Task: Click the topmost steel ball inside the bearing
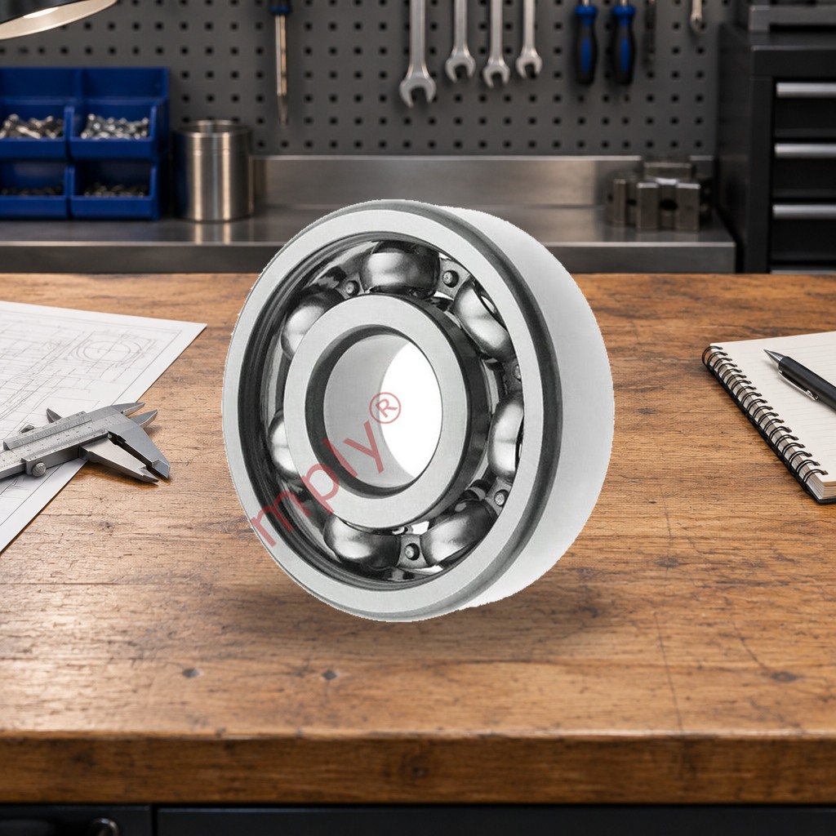[400, 268]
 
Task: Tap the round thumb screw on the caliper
[38, 469]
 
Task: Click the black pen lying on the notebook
[801, 378]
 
